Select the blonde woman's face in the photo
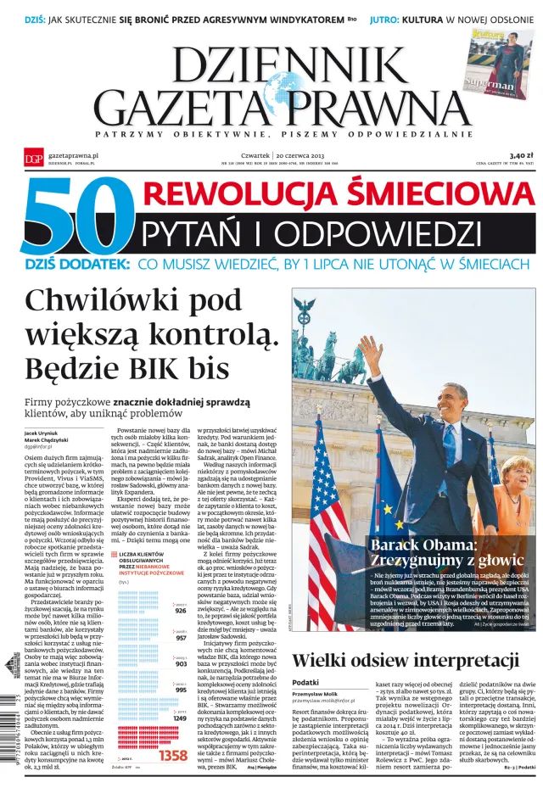516,474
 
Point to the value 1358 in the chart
173,755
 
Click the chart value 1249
179,718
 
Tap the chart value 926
180,610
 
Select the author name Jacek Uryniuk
42,433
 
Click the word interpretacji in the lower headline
456,661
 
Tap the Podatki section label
305,683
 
